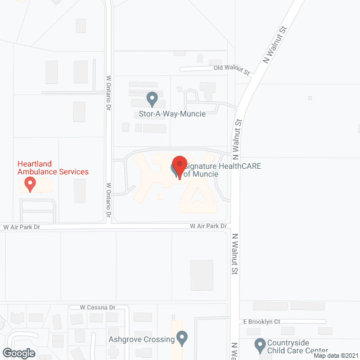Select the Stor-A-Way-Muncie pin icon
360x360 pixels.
152,100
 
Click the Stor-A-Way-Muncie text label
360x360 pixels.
172,113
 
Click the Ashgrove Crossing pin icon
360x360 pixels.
182,338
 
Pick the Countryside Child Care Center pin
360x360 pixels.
260,344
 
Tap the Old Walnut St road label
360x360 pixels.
231,69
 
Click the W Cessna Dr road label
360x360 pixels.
97,308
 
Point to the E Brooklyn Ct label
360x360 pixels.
262,321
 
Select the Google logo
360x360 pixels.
18,353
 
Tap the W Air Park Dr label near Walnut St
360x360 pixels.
208,226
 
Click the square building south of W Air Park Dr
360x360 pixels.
202,275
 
